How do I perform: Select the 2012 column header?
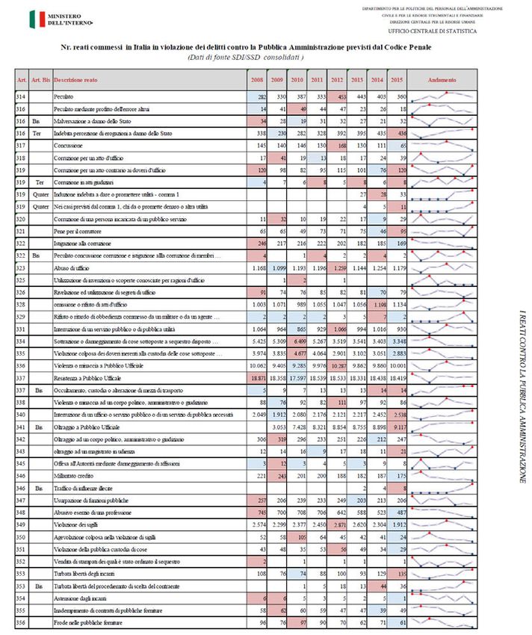337,79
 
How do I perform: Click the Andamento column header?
446,79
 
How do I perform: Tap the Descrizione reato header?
75,79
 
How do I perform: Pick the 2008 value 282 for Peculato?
258,97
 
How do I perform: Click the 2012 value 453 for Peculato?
337,97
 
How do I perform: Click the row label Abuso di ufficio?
74,267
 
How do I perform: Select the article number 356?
22,622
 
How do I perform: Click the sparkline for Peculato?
446,97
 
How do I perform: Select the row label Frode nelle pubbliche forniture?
86,622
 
